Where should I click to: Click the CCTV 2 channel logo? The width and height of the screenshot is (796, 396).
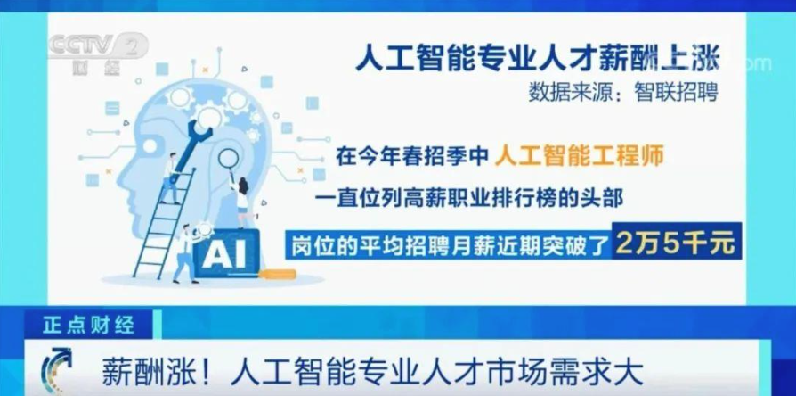tap(97, 53)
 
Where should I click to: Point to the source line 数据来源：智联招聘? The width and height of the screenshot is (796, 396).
tap(623, 92)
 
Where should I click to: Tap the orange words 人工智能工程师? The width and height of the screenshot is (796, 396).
tap(580, 156)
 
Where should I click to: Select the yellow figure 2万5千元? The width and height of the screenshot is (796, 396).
tap(676, 244)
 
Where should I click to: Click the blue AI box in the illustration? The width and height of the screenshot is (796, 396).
tap(227, 252)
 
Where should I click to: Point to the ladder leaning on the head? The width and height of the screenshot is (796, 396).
tap(164, 223)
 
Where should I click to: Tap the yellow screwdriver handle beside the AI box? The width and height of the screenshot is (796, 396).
tap(277, 275)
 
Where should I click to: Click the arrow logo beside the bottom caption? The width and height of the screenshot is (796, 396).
tap(56, 370)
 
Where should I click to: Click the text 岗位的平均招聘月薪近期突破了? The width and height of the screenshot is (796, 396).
tap(450, 245)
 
